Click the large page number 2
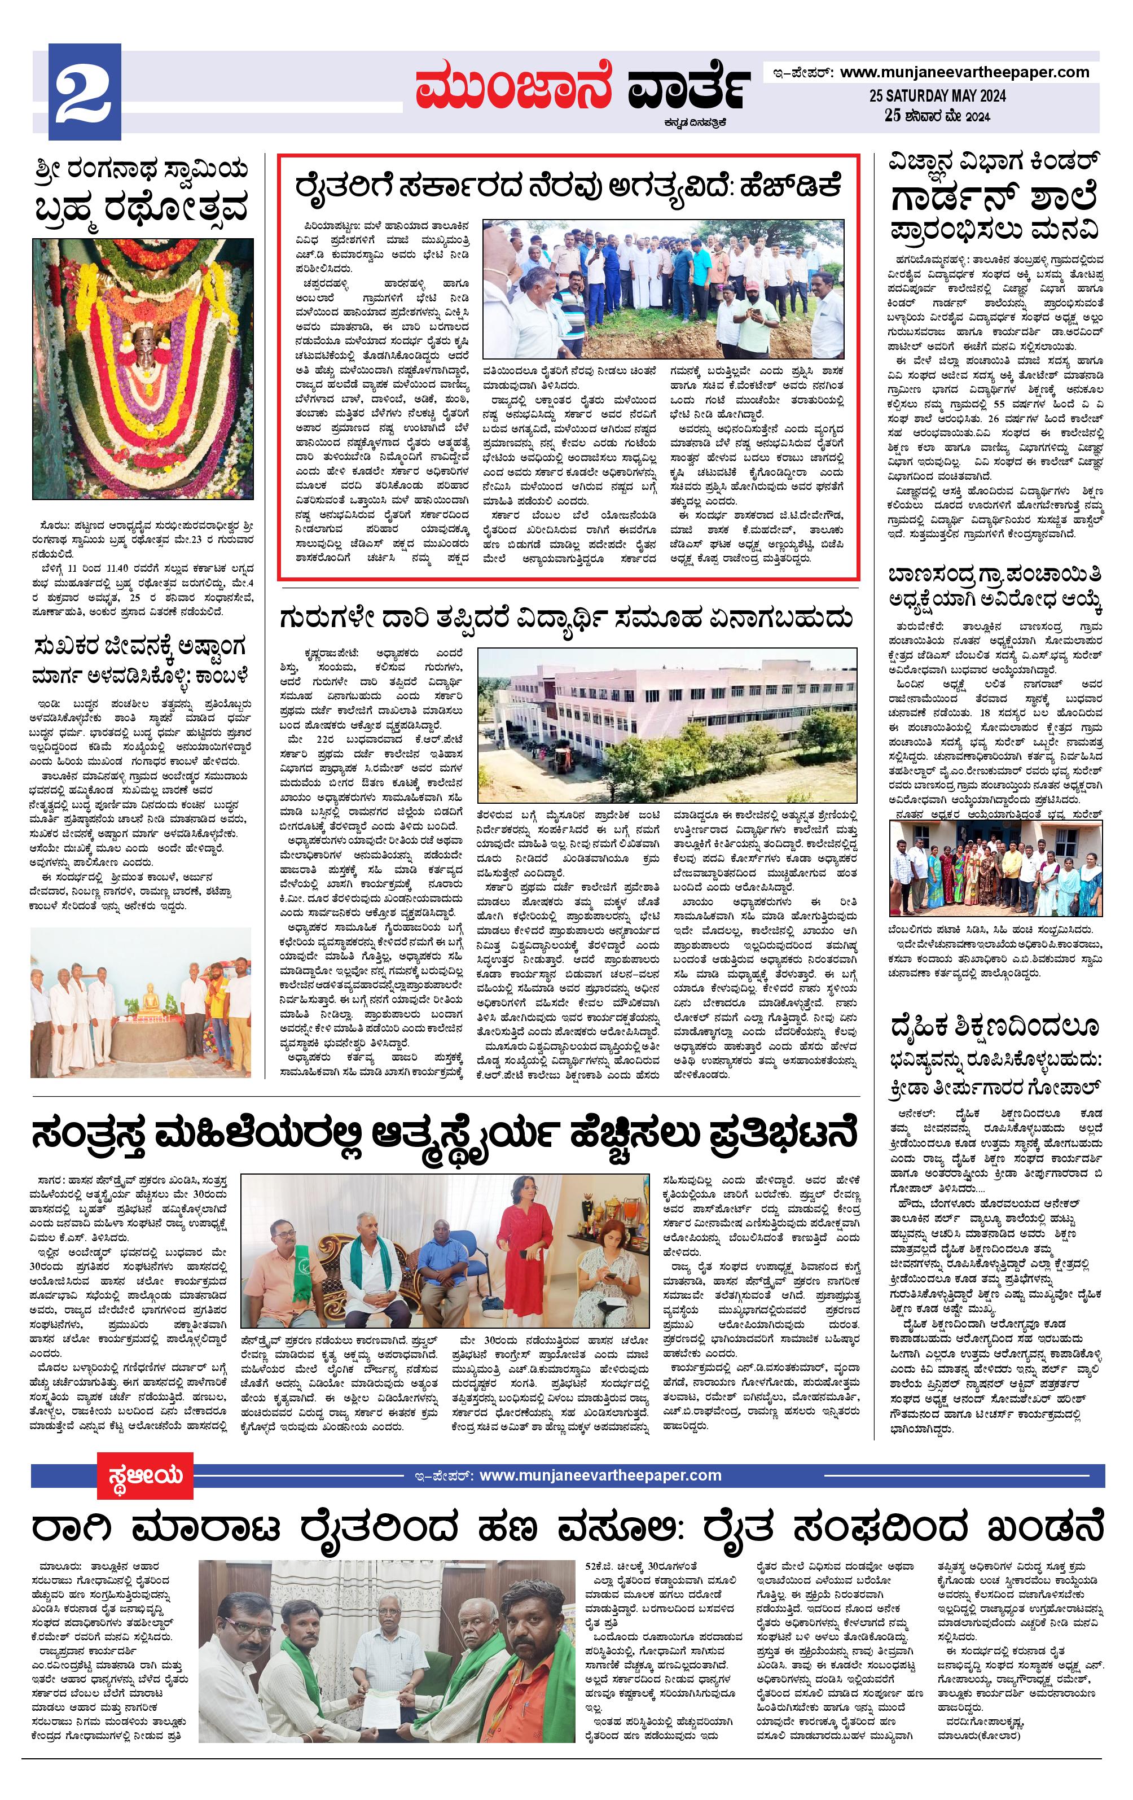(x=85, y=92)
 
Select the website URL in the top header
(x=964, y=72)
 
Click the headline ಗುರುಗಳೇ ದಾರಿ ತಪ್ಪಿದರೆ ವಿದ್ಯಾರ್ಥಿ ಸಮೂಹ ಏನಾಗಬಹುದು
(x=566, y=619)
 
